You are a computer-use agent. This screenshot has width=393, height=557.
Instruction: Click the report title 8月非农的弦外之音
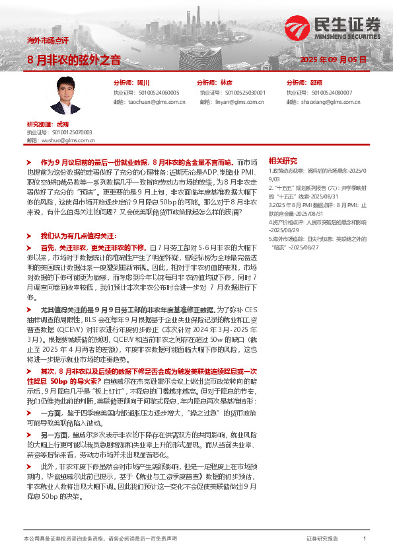[x=73, y=60]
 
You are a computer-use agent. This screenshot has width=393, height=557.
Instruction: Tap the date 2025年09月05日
[x=333, y=60]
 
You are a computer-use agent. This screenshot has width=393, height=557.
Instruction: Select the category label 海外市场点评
[x=47, y=40]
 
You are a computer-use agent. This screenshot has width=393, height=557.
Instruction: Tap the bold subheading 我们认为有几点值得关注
[x=78, y=236]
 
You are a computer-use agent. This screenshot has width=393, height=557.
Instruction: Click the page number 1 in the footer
[x=365, y=539]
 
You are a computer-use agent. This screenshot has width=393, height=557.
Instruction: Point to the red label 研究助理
[x=39, y=124]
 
